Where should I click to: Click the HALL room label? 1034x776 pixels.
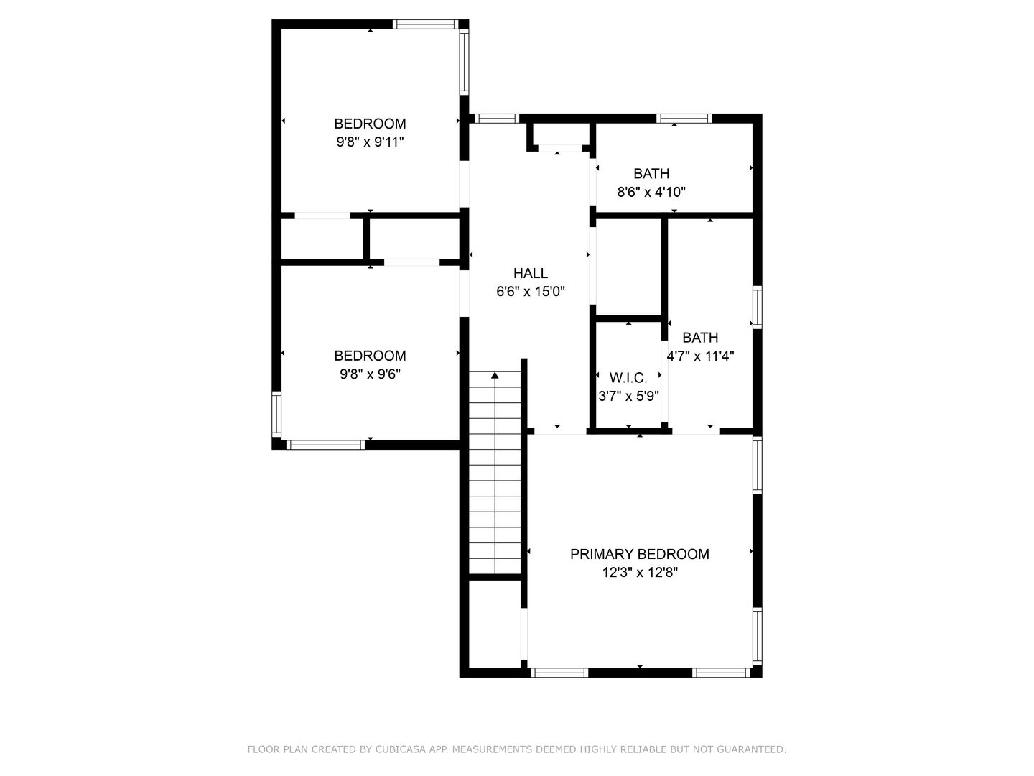(x=531, y=273)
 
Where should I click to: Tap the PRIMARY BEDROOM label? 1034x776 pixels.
(x=639, y=554)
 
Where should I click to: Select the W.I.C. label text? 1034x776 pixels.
(x=628, y=377)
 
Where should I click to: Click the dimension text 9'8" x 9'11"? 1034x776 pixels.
(x=370, y=142)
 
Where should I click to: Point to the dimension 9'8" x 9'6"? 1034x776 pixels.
(x=370, y=374)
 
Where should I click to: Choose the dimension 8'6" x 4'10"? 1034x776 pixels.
(x=651, y=192)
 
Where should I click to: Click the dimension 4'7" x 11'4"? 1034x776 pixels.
(x=700, y=356)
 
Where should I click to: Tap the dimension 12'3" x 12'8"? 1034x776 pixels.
(x=640, y=573)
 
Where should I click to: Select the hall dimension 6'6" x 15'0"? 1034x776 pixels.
(x=531, y=291)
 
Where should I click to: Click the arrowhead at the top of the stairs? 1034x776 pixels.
(x=495, y=375)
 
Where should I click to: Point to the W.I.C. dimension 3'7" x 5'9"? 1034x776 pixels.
(x=628, y=396)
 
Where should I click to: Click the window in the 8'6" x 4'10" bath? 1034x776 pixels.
(x=684, y=119)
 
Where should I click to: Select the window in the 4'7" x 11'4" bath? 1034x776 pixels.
(x=757, y=308)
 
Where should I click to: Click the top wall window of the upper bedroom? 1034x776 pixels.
(x=425, y=24)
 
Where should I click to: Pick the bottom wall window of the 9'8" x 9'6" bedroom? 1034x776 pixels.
(x=325, y=445)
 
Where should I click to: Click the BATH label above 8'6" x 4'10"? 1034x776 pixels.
(x=651, y=174)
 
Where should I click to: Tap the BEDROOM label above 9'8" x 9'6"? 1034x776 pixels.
(x=370, y=356)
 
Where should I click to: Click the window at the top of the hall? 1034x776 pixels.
(x=496, y=119)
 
